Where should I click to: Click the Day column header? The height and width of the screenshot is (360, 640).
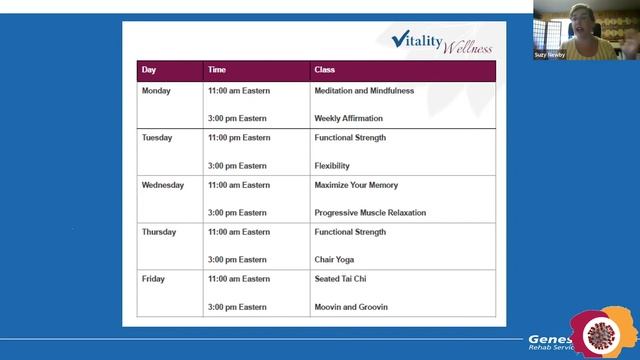(149, 70)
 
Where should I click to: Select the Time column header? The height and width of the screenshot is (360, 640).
(217, 70)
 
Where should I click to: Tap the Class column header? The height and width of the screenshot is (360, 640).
(324, 70)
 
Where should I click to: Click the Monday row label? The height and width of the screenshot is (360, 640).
(156, 91)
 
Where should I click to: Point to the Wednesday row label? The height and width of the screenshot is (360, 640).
(163, 185)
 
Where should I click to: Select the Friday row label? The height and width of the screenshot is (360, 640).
(153, 279)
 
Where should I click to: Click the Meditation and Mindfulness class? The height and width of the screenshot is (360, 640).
(363, 91)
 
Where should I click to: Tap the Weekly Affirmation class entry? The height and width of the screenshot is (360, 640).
(348, 118)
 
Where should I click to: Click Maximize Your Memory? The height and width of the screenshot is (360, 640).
(356, 185)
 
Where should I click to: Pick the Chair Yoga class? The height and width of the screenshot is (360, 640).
(334, 259)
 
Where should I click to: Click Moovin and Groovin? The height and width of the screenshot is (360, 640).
(351, 306)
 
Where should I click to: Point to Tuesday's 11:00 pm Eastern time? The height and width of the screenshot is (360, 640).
(239, 138)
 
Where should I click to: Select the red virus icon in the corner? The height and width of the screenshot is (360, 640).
(603, 332)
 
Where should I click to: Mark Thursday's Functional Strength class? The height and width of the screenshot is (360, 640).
(350, 232)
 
